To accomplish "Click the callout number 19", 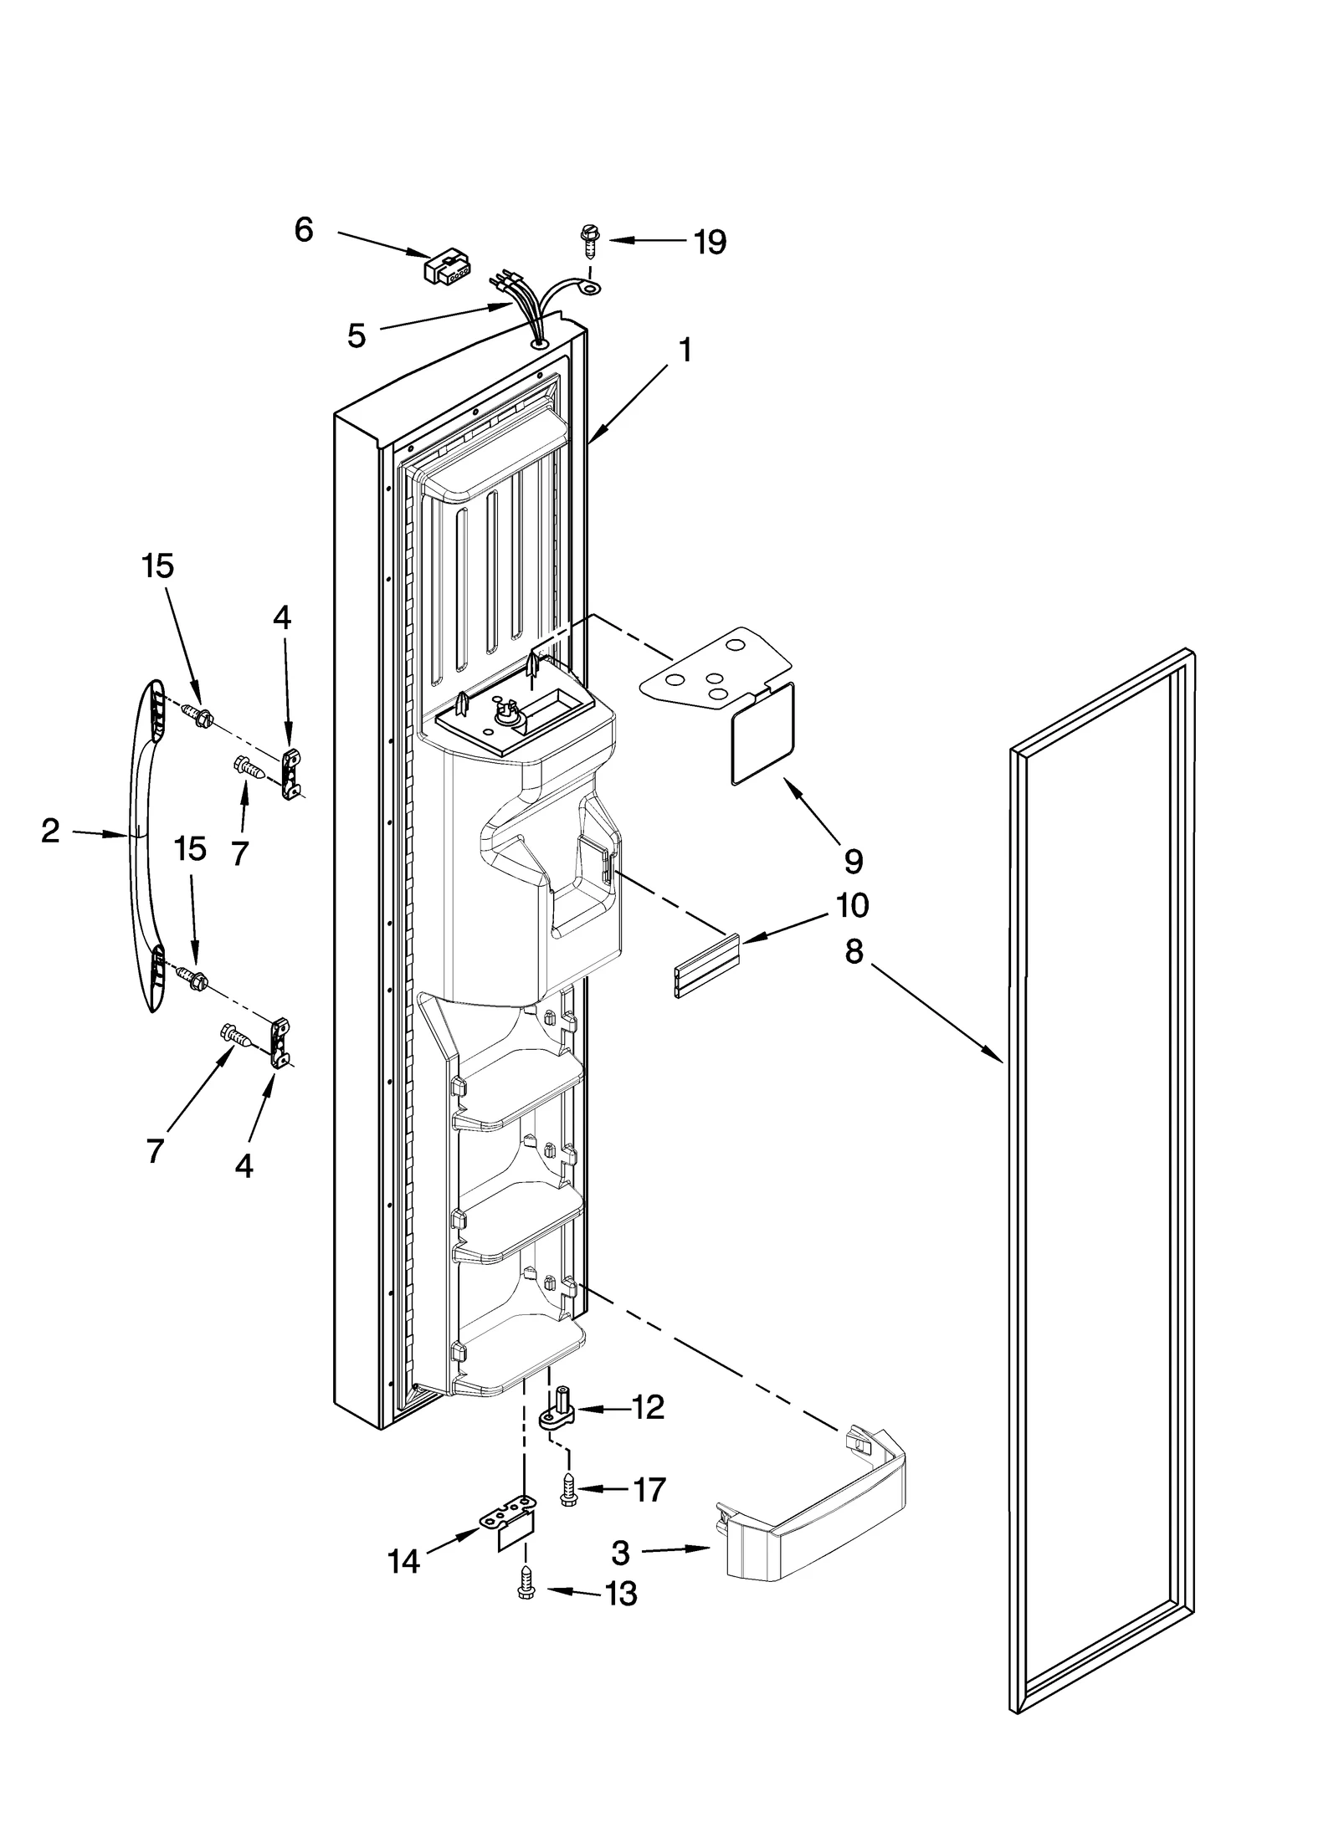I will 709,243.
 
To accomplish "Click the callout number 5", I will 357,336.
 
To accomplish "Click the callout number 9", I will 853,860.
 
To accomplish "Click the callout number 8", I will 853,951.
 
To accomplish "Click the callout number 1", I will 685,350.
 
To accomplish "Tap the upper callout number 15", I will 157,566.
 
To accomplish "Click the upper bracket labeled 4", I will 291,773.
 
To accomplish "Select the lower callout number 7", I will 155,1151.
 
